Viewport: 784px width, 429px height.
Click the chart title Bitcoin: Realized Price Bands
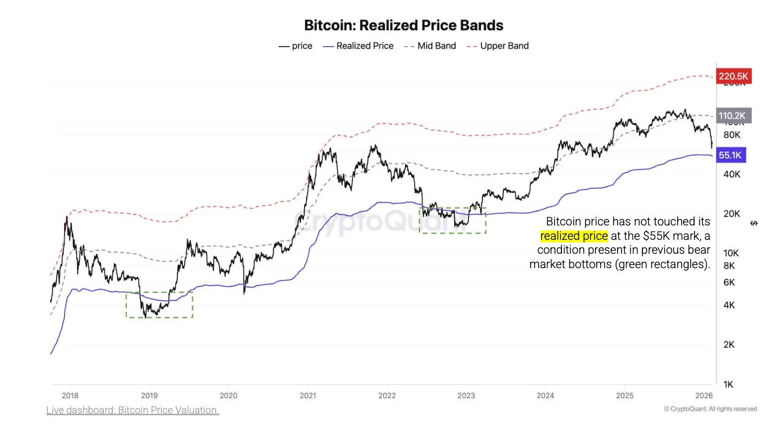403,25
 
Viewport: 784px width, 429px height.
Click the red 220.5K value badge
733,76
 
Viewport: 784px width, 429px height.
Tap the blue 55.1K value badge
730,155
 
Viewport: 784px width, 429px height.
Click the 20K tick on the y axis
731,214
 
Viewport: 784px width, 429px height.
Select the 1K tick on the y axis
728,384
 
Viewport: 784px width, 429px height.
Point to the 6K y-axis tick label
728,282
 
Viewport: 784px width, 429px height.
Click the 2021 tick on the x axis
308,395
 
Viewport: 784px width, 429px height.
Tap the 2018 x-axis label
70,395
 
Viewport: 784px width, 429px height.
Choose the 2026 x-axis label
704,395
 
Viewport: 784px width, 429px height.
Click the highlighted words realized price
574,236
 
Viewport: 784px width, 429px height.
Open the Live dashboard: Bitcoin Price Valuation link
133,410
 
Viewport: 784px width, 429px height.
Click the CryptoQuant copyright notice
710,409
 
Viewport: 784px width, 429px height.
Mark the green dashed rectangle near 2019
159,305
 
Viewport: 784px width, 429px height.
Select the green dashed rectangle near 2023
453,220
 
